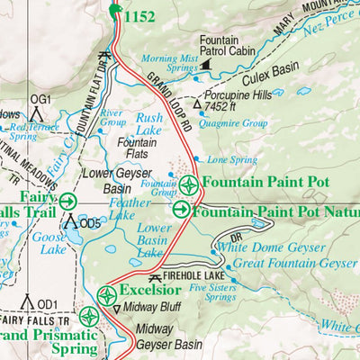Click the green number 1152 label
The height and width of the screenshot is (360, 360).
point(139,15)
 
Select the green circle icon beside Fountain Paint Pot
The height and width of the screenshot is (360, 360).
point(189,186)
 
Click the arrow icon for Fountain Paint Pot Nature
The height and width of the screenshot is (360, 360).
point(181,210)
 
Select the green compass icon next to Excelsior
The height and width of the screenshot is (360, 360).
point(106,294)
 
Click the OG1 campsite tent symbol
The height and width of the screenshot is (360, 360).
point(38,112)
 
